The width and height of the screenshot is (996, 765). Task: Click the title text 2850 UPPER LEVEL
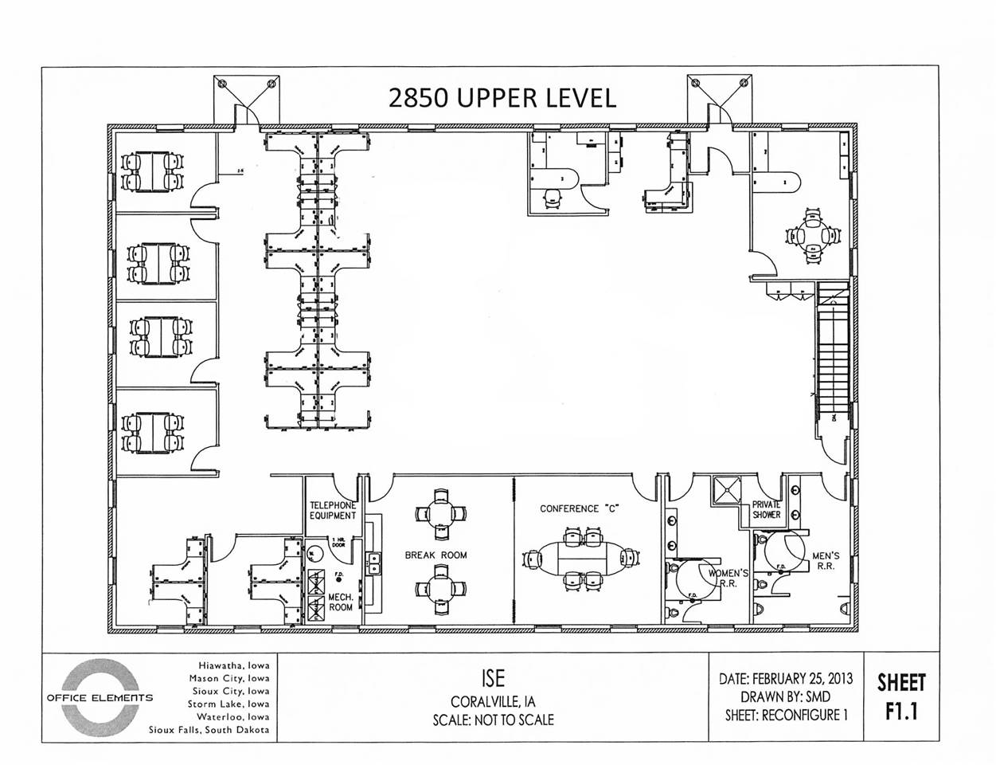pos(502,97)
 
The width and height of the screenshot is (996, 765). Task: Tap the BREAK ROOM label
pos(435,555)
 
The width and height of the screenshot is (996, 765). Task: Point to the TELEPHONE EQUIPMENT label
pos(333,511)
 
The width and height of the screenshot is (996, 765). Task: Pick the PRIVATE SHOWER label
pos(766,510)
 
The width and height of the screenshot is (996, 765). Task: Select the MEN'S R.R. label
pos(826,561)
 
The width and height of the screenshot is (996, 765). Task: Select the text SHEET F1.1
pos(901,696)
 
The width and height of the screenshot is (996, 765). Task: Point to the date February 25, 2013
pos(786,678)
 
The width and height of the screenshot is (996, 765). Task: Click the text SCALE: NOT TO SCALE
pos(493,720)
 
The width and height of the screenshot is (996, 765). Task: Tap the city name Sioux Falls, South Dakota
pos(209,730)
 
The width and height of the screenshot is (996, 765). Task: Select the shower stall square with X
pos(726,490)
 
